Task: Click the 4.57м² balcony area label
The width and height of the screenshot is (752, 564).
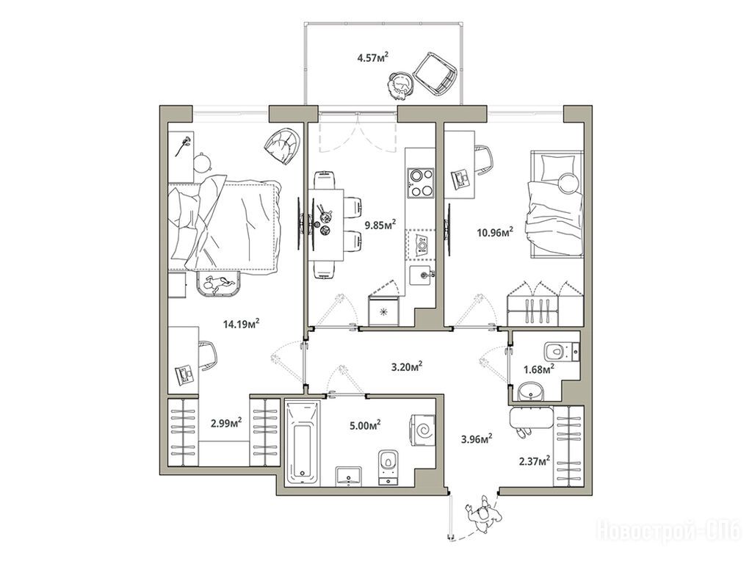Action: [x=372, y=58]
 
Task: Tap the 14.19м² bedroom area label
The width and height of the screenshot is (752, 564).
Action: [x=241, y=324]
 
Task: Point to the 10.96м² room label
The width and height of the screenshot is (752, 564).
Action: [x=495, y=233]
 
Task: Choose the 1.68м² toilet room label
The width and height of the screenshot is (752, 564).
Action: [x=539, y=369]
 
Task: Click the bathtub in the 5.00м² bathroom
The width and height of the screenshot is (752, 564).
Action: [x=303, y=444]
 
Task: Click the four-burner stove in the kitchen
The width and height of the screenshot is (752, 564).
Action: [x=420, y=182]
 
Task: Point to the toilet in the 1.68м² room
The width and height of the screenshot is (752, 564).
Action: [x=562, y=351]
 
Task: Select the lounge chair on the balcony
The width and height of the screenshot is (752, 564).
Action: [x=435, y=74]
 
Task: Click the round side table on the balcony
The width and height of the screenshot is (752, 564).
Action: [x=399, y=86]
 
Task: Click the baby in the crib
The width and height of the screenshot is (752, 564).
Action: [x=220, y=285]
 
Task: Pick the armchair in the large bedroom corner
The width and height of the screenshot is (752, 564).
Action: [x=284, y=145]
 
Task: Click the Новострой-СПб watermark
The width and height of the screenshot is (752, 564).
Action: [x=670, y=531]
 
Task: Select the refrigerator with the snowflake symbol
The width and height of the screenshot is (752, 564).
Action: [x=383, y=311]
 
